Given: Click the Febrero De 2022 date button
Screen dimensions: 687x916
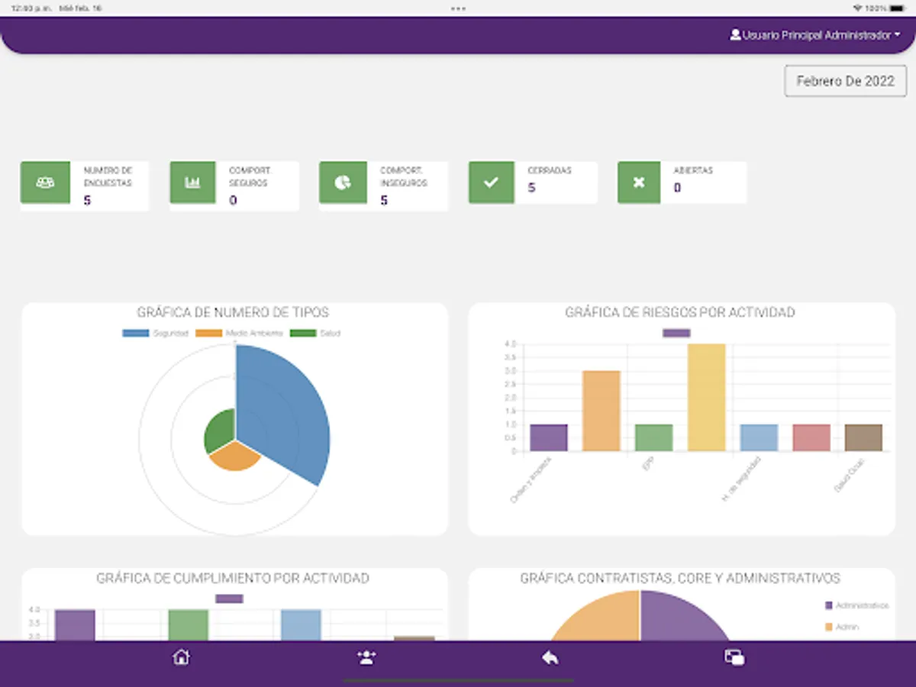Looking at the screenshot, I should pyautogui.click(x=845, y=81).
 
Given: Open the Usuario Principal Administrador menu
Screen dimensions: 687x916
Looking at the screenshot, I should pyautogui.click(x=814, y=35).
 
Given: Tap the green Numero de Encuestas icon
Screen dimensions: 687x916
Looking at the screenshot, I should pyautogui.click(x=45, y=182).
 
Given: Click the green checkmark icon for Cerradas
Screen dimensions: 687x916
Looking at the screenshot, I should pyautogui.click(x=490, y=182).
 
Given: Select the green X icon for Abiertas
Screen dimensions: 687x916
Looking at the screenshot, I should pyautogui.click(x=639, y=182).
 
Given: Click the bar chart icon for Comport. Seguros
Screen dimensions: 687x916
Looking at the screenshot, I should pyautogui.click(x=192, y=182).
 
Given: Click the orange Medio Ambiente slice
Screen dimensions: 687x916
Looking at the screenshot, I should pyautogui.click(x=234, y=456).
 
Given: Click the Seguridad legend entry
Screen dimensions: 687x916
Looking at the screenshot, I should pyautogui.click(x=156, y=334).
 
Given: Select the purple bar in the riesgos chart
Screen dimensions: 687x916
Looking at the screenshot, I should pyautogui.click(x=548, y=437).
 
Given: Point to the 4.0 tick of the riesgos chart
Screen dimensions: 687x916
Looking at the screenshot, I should pyautogui.click(x=510, y=344).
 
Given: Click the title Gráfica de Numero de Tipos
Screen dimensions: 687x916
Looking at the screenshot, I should pyautogui.click(x=233, y=312).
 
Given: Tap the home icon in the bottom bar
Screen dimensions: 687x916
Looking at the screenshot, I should pyautogui.click(x=181, y=657).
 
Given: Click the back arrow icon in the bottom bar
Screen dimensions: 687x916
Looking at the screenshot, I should pyautogui.click(x=550, y=657).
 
